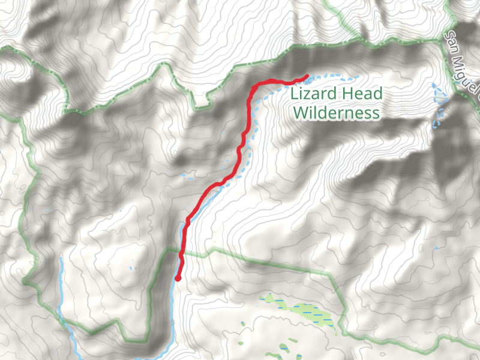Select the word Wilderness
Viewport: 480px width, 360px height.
(336, 113)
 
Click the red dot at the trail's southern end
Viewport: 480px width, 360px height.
(178, 278)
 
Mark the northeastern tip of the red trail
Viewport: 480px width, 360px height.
(307, 76)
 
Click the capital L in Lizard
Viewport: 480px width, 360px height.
(293, 94)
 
